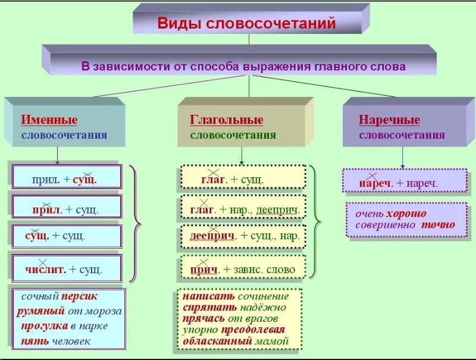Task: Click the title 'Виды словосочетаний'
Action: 246,24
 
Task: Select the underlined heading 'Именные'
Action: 49,120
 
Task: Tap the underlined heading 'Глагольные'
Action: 226,120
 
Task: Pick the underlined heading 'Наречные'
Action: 389,120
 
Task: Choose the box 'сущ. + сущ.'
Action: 66,236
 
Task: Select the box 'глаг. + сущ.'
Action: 240,179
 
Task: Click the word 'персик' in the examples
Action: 79,296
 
